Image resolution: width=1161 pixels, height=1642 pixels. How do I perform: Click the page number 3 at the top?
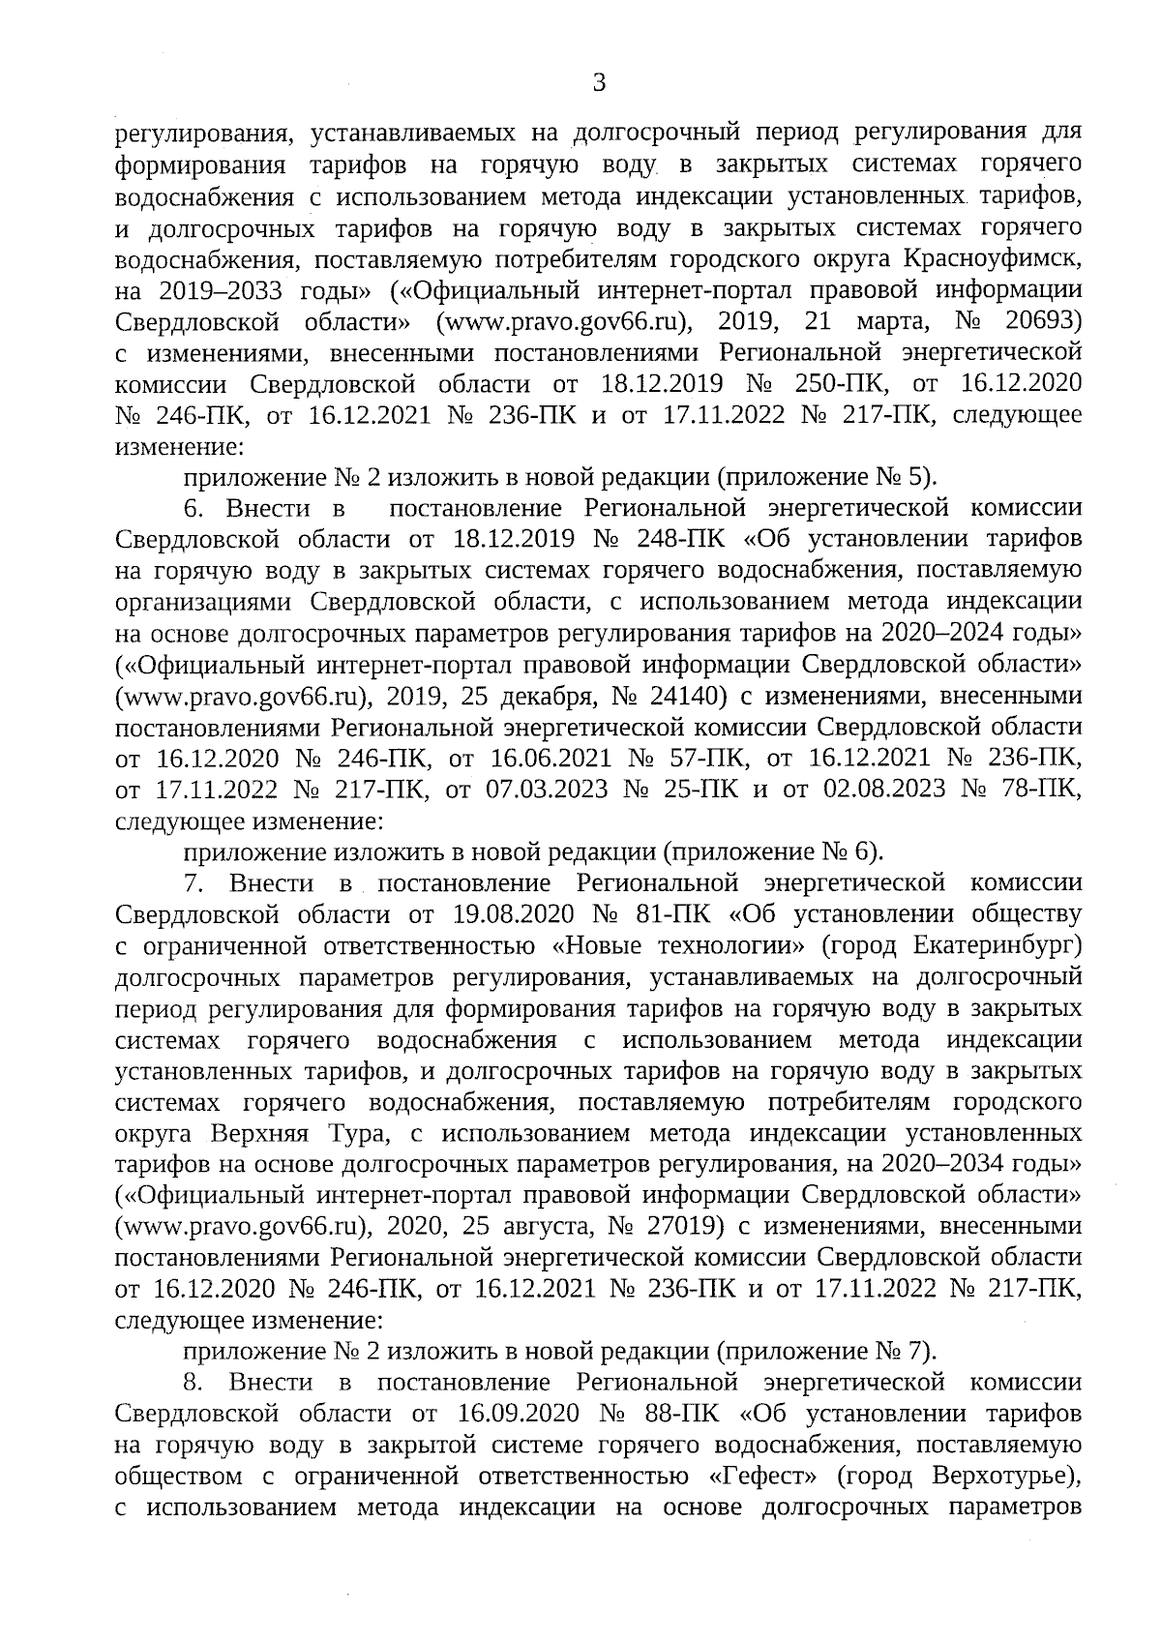click(599, 84)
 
